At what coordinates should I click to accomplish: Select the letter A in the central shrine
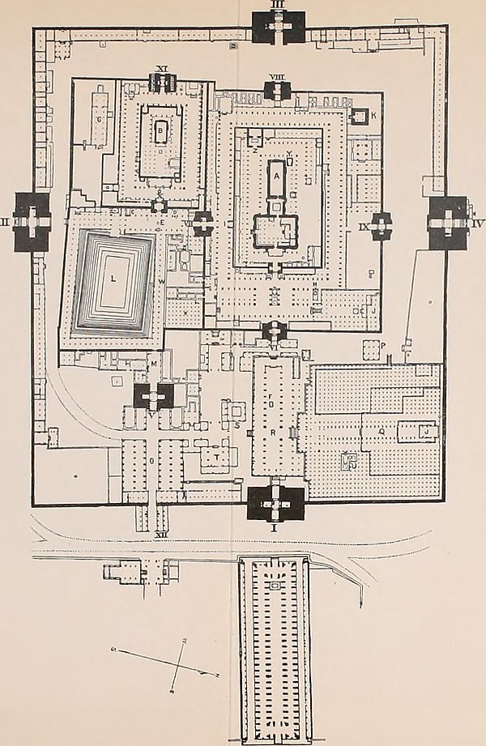(276, 173)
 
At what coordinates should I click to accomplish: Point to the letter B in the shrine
(160, 129)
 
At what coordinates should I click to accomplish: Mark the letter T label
(219, 458)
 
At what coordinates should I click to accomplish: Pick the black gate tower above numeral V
(153, 395)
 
